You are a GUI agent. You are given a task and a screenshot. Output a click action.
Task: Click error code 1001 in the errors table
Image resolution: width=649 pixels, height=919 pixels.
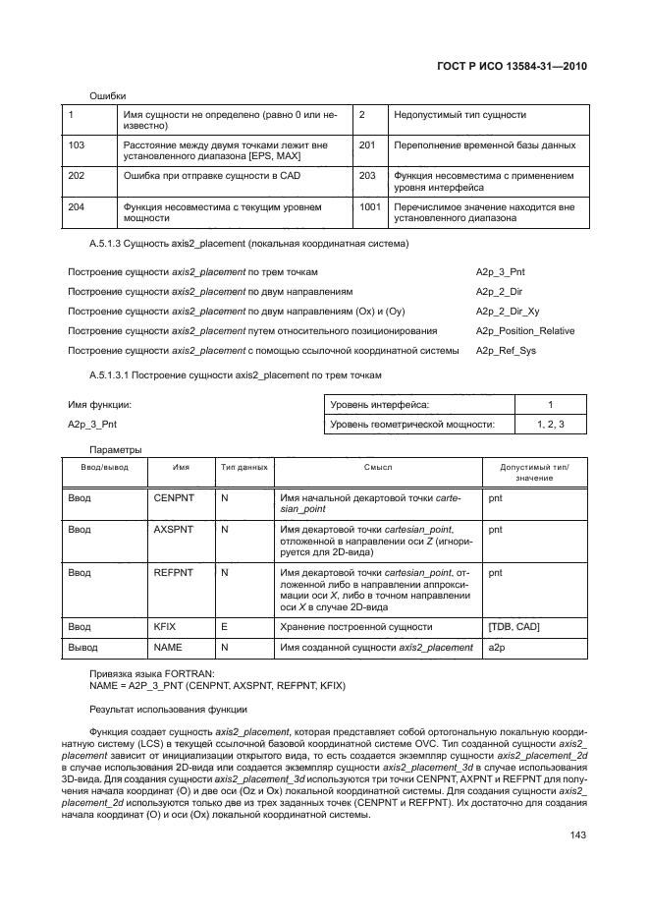coord(370,207)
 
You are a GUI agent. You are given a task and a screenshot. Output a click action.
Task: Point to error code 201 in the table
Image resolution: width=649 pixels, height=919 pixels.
coord(368,145)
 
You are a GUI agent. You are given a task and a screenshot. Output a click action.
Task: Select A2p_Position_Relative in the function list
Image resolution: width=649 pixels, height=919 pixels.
coord(525,331)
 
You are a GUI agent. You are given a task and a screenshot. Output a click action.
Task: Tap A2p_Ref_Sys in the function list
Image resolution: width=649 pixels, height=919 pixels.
coord(506,351)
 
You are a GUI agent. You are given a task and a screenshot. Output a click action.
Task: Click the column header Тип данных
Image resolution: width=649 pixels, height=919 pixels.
coord(243,469)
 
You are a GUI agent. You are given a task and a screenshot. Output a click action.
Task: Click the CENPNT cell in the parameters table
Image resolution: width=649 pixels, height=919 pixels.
coord(174,499)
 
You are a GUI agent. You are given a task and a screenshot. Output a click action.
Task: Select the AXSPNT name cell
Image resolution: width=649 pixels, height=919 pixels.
coord(174,529)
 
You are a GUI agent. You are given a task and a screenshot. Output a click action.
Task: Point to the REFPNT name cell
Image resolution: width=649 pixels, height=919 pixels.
coord(174,571)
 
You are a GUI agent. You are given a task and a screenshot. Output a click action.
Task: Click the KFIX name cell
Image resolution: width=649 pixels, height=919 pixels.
coord(164,626)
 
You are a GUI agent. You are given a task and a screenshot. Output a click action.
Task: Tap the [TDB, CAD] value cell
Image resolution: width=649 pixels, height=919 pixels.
coord(514,626)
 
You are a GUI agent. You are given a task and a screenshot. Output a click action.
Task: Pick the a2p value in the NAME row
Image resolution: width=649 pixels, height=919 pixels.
coord(495,648)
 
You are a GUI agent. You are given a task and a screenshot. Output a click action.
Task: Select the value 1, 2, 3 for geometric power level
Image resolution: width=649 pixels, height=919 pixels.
coord(550,424)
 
